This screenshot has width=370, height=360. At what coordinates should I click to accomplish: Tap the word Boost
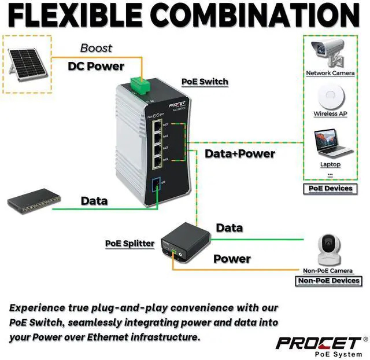(96, 48)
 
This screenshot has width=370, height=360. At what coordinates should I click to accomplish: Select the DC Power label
(95, 66)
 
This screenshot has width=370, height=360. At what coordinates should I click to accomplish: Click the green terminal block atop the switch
(139, 85)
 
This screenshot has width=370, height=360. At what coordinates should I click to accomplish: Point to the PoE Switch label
(205, 82)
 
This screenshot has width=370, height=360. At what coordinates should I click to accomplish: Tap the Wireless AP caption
(330, 113)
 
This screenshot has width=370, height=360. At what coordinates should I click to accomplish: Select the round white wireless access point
(331, 95)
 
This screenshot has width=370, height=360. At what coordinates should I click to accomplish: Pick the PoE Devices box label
(330, 189)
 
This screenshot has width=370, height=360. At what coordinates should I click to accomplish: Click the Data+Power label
(240, 154)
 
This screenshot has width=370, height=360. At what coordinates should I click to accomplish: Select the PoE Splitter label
(129, 243)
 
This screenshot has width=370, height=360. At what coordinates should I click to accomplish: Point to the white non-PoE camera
(328, 249)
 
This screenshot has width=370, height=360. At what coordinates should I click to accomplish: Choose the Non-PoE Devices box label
(328, 281)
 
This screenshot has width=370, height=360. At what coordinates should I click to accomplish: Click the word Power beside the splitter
(232, 259)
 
